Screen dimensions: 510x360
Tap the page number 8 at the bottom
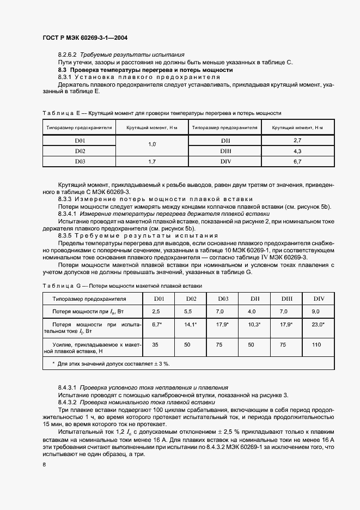tap(44, 464)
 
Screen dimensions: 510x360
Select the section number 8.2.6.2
tap(69, 55)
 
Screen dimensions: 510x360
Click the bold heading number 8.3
tap(62, 70)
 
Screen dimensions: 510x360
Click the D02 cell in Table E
tap(80, 150)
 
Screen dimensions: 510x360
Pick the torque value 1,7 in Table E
tap(152, 161)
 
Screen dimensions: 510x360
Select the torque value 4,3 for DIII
tap(297, 150)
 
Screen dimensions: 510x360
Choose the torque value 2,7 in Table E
tap(297, 141)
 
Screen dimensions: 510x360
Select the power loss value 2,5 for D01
tap(155, 311)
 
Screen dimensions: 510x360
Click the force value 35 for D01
tap(155, 345)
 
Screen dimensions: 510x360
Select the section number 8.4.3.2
tap(69, 402)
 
